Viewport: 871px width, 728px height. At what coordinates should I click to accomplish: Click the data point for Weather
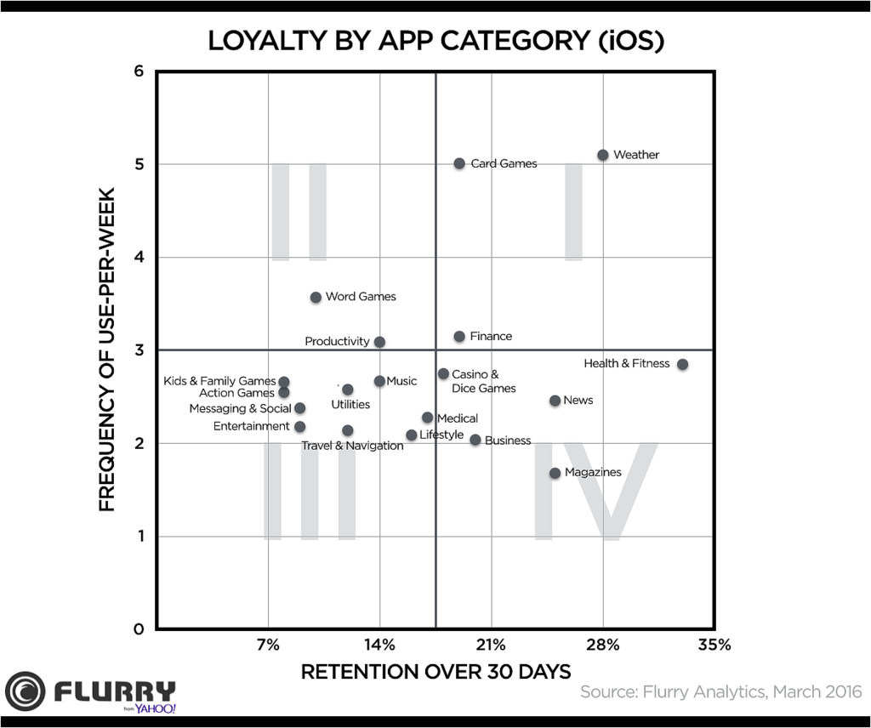click(x=602, y=155)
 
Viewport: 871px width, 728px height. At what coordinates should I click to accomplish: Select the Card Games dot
click(x=459, y=163)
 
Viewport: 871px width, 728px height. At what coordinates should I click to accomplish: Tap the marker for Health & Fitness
click(x=682, y=364)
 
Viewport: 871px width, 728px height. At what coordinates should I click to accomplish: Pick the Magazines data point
click(x=555, y=473)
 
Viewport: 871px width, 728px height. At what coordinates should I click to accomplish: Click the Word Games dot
click(x=316, y=297)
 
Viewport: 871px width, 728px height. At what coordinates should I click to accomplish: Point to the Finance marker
click(x=459, y=337)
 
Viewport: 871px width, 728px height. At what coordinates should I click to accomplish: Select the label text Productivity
click(x=337, y=342)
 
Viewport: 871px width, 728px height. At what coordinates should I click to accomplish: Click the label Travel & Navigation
click(x=352, y=446)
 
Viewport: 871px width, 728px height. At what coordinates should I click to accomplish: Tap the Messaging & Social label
click(x=240, y=409)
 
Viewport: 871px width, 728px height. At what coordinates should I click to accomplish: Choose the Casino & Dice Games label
click(x=483, y=381)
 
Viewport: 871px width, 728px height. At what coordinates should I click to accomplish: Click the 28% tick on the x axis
click(x=602, y=645)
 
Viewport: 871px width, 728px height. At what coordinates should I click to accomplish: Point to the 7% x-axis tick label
click(x=268, y=645)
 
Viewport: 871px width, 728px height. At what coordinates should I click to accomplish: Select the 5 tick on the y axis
click(x=138, y=164)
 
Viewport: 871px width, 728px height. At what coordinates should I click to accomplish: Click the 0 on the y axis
click(x=138, y=629)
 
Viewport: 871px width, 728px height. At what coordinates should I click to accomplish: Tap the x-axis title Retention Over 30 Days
click(x=435, y=672)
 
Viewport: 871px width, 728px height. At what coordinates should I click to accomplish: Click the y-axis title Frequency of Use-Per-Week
click(x=107, y=350)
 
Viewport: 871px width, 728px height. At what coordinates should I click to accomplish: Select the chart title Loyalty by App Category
click(x=435, y=41)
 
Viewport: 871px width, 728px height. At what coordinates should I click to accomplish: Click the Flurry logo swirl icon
click(x=25, y=691)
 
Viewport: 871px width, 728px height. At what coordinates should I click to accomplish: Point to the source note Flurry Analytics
click(x=720, y=691)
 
